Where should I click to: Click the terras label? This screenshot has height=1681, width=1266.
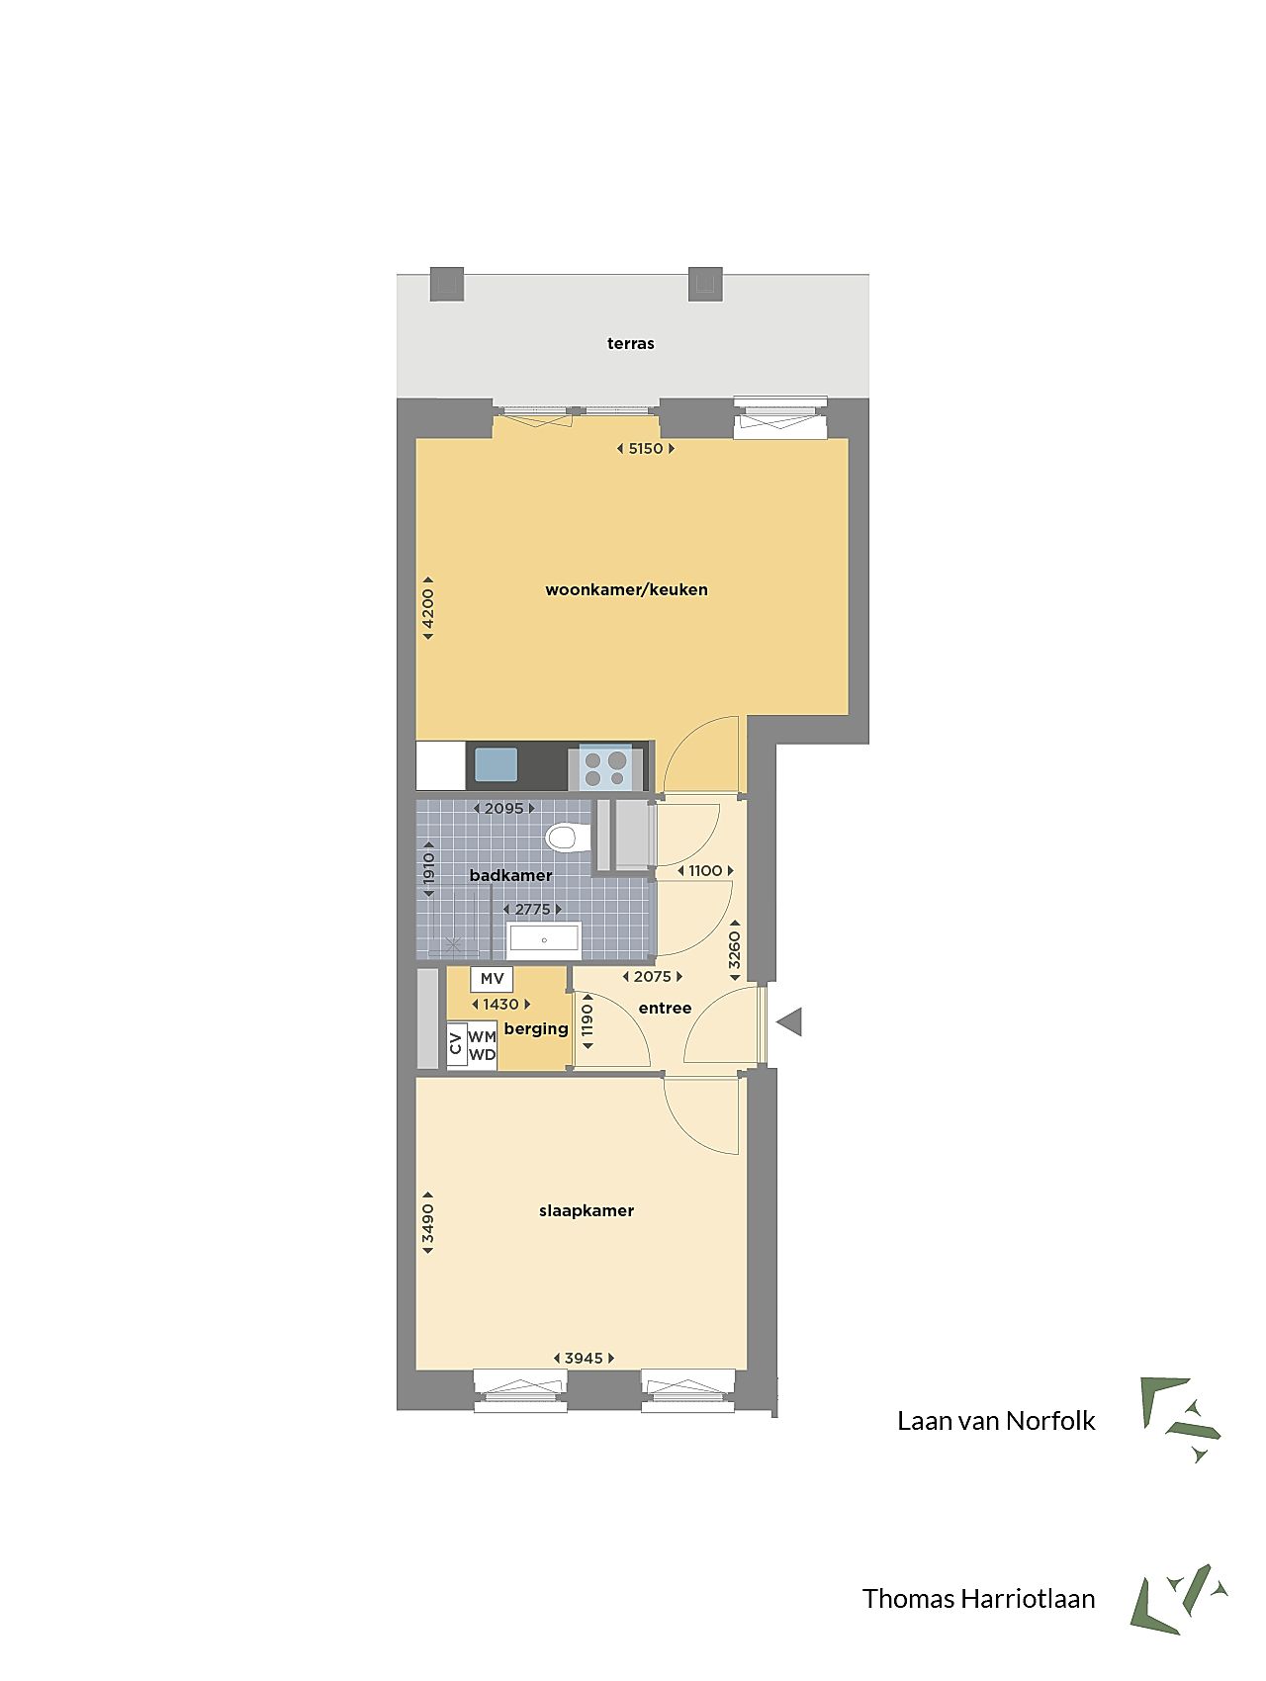click(x=631, y=343)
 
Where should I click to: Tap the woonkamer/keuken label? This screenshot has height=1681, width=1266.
click(x=626, y=589)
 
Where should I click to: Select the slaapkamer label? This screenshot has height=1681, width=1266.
click(x=587, y=1210)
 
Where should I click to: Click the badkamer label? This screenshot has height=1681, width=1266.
click(x=510, y=875)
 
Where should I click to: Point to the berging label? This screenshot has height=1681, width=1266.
click(x=536, y=1028)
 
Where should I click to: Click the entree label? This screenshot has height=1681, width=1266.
click(x=665, y=1008)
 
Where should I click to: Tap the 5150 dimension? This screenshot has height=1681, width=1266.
click(x=646, y=448)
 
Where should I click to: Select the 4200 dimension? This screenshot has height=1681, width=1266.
click(x=428, y=608)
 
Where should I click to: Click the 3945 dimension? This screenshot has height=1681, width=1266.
click(x=584, y=1358)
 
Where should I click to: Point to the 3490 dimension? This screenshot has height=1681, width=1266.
click(x=428, y=1223)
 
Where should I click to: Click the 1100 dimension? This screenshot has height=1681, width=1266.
click(x=705, y=870)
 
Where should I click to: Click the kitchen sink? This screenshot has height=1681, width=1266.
click(x=496, y=764)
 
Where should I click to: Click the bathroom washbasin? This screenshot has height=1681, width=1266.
click(x=543, y=939)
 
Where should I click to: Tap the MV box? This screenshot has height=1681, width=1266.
click(x=492, y=979)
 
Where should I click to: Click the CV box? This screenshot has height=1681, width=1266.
click(x=456, y=1044)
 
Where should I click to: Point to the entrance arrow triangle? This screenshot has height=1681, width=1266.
click(x=789, y=1022)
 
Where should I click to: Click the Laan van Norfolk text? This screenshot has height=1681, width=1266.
click(x=996, y=1421)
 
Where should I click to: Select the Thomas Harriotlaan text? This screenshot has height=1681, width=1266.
click(x=978, y=1599)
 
